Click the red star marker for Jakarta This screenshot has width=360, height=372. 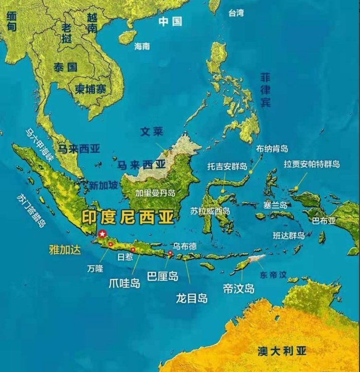102,234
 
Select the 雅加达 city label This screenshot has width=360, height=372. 65,250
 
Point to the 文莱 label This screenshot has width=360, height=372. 152,131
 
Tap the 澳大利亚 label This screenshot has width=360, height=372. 282,350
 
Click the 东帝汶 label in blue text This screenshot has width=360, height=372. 273,275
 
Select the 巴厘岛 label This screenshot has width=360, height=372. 162,276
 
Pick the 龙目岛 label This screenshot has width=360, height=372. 192,298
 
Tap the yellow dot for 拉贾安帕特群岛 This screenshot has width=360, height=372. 298,188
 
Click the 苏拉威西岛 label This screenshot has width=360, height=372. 210,211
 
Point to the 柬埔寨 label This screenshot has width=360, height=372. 90,88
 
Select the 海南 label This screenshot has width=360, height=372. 142,46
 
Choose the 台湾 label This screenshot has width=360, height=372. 236,13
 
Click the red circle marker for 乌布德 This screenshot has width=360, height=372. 170,252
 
